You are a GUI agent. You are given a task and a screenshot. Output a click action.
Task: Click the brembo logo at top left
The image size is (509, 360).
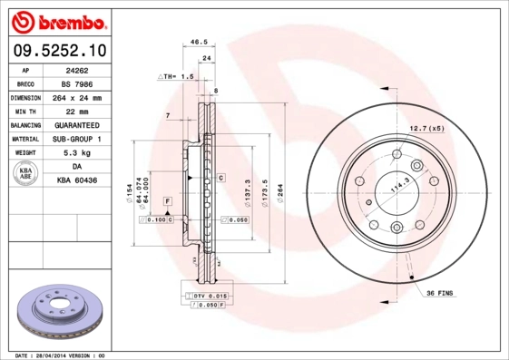coord(59,21)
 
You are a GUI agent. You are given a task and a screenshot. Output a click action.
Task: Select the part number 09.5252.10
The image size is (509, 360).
coord(59,51)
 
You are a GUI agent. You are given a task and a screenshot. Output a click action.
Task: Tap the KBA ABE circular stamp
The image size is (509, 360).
coord(26,174)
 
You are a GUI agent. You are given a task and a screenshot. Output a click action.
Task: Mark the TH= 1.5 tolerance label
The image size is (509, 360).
coord(177,79)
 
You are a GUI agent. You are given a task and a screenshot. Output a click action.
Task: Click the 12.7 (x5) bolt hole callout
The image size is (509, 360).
coord(427,128)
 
